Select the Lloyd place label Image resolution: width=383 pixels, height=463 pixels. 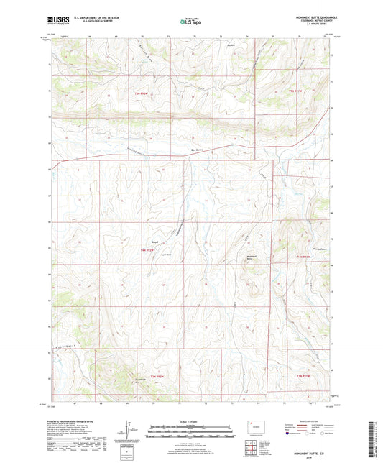pos(154,241)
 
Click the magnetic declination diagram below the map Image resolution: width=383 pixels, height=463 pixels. pos(126,431)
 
